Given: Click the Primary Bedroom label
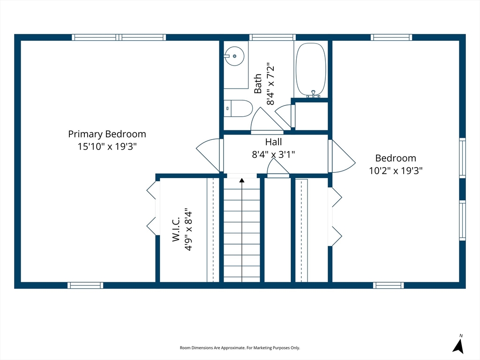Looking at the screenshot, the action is pyautogui.click(x=107, y=135).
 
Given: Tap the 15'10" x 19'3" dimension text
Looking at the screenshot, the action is pyautogui.click(x=107, y=147).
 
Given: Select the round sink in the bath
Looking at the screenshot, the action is pyautogui.click(x=234, y=56).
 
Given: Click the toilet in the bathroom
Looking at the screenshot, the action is pyautogui.click(x=238, y=108).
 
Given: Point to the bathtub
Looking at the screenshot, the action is pyautogui.click(x=311, y=70).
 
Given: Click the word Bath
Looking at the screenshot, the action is pyautogui.click(x=258, y=83).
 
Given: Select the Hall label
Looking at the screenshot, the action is pyautogui.click(x=273, y=142).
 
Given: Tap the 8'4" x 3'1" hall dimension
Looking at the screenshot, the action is pyautogui.click(x=273, y=154).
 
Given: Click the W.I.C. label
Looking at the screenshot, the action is pyautogui.click(x=176, y=230).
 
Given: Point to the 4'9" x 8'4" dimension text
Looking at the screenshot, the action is pyautogui.click(x=188, y=230).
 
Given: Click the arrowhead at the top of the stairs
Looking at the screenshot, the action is pyautogui.click(x=242, y=180).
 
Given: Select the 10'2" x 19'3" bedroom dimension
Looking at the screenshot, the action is pyautogui.click(x=396, y=171).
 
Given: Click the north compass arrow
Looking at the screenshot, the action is pyautogui.click(x=458, y=346).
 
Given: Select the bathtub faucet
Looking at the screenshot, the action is pyautogui.click(x=313, y=94).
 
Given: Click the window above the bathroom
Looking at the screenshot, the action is pyautogui.click(x=272, y=37).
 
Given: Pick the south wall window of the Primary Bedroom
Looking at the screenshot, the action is pyautogui.click(x=85, y=285).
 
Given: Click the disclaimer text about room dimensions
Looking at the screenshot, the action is pyautogui.click(x=240, y=348).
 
